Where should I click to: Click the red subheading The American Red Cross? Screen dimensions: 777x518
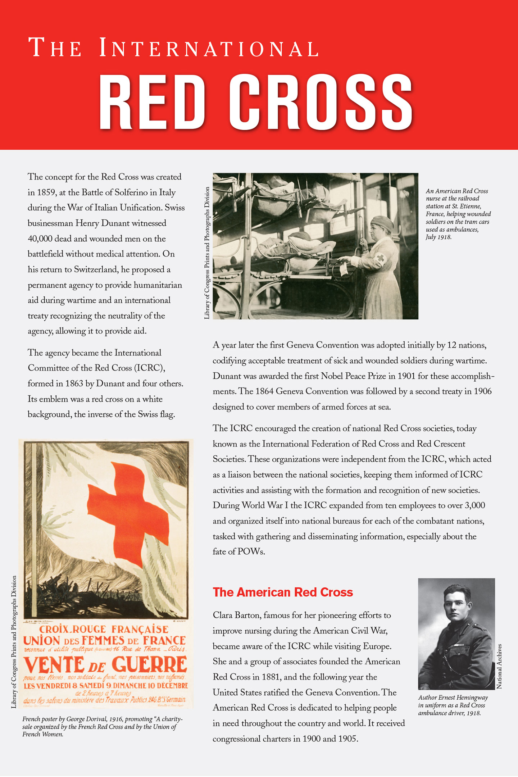[283, 592]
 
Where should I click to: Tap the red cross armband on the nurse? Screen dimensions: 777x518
[380, 258]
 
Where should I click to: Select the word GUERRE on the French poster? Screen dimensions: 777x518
[149, 664]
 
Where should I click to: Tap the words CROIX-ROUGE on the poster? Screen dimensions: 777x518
[73, 629]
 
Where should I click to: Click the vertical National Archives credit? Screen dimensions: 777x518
[499, 666]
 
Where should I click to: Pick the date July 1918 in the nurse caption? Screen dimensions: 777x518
[439, 237]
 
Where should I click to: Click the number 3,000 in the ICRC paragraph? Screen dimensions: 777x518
[475, 505]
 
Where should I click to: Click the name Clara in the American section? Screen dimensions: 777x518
[223, 615]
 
